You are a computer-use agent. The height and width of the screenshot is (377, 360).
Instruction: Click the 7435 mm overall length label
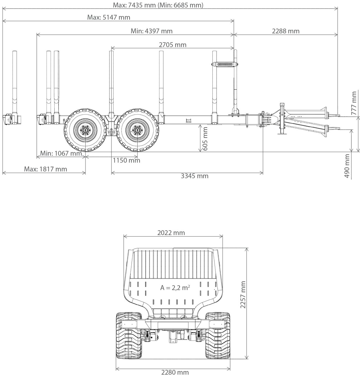click(158, 5)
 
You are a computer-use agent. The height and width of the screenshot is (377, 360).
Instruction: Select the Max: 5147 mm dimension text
click(109, 17)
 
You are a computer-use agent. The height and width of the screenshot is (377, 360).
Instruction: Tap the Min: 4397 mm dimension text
click(151, 31)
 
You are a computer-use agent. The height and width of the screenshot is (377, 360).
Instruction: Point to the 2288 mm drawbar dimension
click(285, 31)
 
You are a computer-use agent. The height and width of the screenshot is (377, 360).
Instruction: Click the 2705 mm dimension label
click(172, 45)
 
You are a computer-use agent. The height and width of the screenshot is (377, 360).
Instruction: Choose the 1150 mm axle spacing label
click(126, 161)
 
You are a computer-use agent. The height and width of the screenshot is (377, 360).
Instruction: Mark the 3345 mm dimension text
click(194, 176)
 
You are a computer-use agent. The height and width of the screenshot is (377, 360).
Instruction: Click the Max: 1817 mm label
click(46, 169)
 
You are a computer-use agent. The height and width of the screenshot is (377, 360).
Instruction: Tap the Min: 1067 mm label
click(61, 153)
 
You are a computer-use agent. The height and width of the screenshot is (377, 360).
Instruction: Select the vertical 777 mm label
click(354, 103)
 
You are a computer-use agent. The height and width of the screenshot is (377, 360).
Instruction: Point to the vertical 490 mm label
click(347, 166)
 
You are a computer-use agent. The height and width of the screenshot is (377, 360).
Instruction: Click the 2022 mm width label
click(171, 233)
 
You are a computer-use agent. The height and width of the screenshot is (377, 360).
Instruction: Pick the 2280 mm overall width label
click(175, 373)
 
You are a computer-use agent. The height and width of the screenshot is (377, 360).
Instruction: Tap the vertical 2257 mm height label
click(243, 294)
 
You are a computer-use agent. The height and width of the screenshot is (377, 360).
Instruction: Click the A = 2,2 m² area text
click(175, 288)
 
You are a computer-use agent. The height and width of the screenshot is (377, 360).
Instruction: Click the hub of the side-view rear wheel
click(84, 130)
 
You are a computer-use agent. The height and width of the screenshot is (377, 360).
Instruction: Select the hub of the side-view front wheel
click(137, 130)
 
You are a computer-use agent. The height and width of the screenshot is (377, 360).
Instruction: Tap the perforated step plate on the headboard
click(224, 64)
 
